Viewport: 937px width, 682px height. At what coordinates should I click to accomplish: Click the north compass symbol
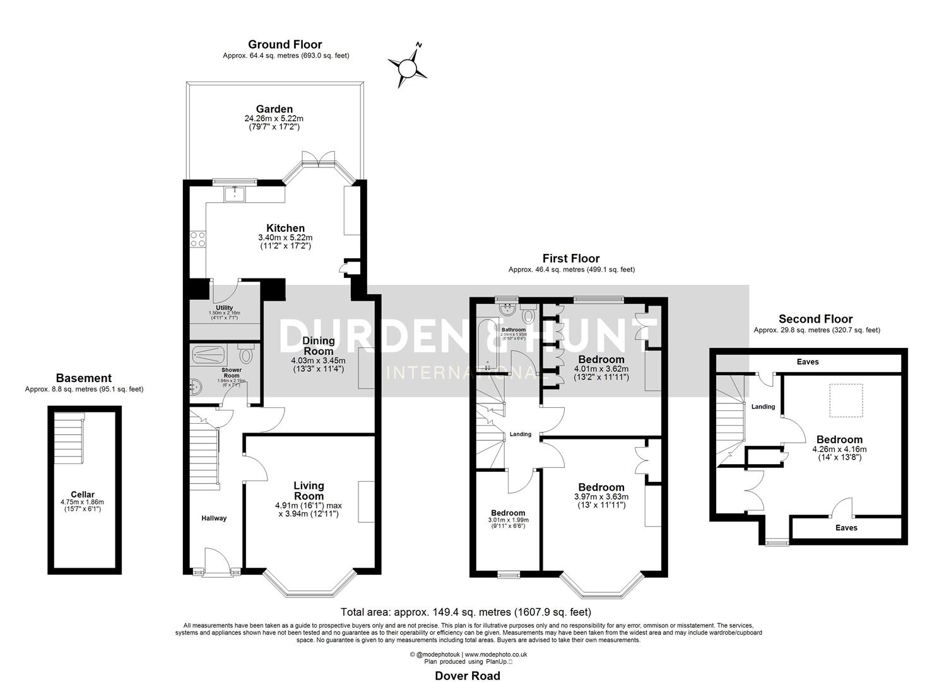point(407,65)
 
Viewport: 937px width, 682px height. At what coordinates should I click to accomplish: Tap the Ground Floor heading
point(285,44)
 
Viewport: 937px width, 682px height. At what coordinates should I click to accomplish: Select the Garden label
point(274,109)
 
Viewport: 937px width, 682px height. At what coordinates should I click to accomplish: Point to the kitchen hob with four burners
point(197,240)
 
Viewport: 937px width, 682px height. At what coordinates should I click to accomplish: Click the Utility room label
point(224,308)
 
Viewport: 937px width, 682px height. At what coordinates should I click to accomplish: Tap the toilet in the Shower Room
point(245,355)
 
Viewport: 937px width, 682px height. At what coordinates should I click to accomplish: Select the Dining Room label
point(318,346)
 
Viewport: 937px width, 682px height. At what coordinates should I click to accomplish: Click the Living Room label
point(309,490)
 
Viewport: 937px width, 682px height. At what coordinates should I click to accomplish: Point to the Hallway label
point(214,518)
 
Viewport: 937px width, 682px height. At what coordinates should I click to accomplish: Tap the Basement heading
point(83,378)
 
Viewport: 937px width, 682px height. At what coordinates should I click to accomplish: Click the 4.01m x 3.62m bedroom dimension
point(601,369)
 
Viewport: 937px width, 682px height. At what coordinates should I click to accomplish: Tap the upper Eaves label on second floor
point(808,362)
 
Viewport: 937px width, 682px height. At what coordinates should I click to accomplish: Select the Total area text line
point(466,612)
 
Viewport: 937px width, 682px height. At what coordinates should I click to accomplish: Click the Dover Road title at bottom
point(468,676)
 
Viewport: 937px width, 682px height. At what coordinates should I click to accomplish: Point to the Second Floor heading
point(815,319)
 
